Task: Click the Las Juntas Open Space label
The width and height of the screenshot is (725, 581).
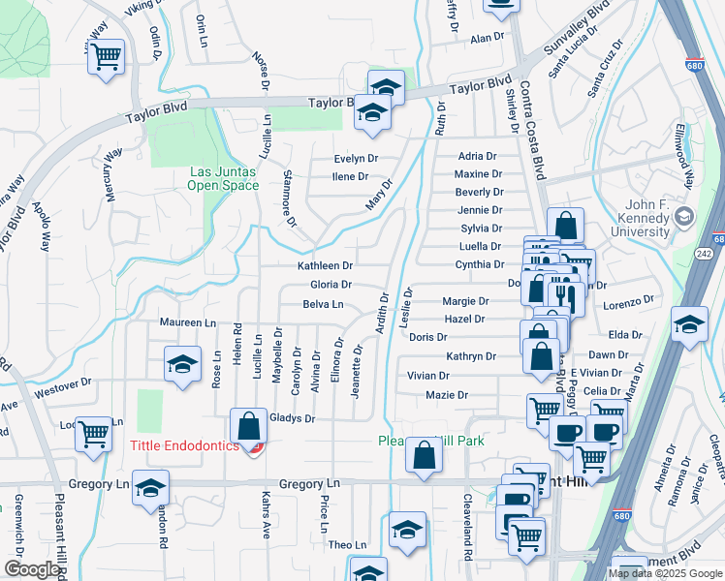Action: click(x=222, y=178)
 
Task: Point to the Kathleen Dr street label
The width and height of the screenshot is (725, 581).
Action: click(x=325, y=265)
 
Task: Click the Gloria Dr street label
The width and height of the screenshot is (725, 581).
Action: click(x=331, y=285)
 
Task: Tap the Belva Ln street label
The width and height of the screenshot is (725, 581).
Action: click(x=324, y=304)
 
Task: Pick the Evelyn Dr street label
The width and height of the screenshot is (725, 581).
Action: click(x=355, y=159)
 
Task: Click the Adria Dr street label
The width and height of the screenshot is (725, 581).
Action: click(x=477, y=156)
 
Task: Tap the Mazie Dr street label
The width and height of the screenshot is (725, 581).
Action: click(x=447, y=395)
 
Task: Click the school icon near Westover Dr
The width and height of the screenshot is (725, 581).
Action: click(x=182, y=365)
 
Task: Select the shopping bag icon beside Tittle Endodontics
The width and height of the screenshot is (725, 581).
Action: click(x=249, y=425)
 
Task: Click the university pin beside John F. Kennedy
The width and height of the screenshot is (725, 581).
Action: click(x=684, y=215)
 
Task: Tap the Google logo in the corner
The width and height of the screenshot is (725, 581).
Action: click(x=32, y=569)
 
